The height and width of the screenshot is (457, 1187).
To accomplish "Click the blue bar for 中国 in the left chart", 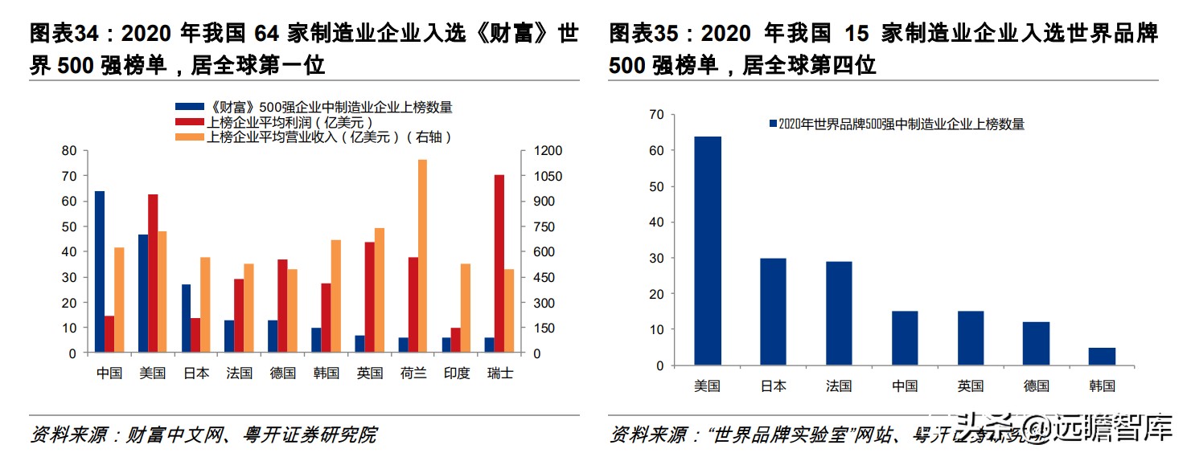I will [x=100, y=271].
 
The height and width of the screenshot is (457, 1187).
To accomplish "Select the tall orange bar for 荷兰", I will [x=422, y=256].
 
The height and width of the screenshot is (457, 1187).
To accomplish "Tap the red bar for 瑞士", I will [x=499, y=263].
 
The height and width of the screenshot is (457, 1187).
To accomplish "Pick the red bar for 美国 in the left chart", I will [x=153, y=273].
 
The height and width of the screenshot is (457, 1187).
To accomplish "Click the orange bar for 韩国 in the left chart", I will [x=335, y=296].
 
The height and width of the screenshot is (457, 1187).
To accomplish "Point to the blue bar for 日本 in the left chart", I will [x=186, y=318].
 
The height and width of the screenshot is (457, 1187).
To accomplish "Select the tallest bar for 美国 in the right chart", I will [x=708, y=251].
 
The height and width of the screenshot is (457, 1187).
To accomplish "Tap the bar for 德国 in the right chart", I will [x=1037, y=344].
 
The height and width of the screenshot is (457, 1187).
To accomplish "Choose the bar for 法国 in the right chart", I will [x=839, y=313].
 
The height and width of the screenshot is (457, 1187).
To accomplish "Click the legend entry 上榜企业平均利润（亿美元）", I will [x=290, y=122].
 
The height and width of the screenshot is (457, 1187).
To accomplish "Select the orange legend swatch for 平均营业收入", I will [x=190, y=137].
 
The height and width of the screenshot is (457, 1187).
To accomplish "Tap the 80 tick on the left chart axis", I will [x=69, y=151].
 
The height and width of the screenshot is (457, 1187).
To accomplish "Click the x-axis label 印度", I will [x=457, y=373].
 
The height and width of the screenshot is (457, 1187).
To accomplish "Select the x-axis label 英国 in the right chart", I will [x=971, y=386].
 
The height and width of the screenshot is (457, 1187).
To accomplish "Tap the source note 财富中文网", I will [x=170, y=435].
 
